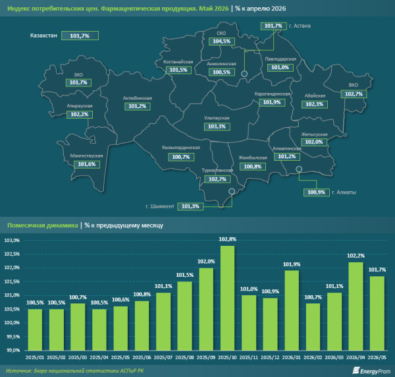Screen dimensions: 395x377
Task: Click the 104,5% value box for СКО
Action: tap(222, 42)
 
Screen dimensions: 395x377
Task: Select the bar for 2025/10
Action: tap(228, 298)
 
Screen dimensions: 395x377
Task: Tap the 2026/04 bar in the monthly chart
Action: tap(355, 306)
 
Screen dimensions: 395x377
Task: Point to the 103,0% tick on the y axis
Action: tap(12, 241)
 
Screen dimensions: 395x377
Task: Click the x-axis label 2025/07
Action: tap(163, 358)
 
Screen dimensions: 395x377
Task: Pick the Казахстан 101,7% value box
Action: tap(80, 36)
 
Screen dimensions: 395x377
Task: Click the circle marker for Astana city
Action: tap(244, 74)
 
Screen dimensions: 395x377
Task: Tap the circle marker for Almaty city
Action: tap(299, 169)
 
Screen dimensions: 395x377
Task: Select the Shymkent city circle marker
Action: tap(232, 191)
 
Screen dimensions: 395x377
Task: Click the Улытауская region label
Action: tap(217, 118)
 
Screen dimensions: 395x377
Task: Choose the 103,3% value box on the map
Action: tap(217, 127)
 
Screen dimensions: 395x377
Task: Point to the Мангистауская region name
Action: tap(86, 156)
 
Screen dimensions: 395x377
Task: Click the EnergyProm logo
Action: tap(371, 370)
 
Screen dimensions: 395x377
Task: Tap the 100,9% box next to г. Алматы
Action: tap(317, 192)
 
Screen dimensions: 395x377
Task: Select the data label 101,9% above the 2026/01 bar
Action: tap(292, 264)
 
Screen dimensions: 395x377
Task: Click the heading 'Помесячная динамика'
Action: tap(43, 225)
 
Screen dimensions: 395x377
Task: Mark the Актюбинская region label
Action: tap(138, 98)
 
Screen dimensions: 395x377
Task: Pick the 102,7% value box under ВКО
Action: tap(354, 94)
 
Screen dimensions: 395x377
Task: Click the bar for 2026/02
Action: tap(313, 327)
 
